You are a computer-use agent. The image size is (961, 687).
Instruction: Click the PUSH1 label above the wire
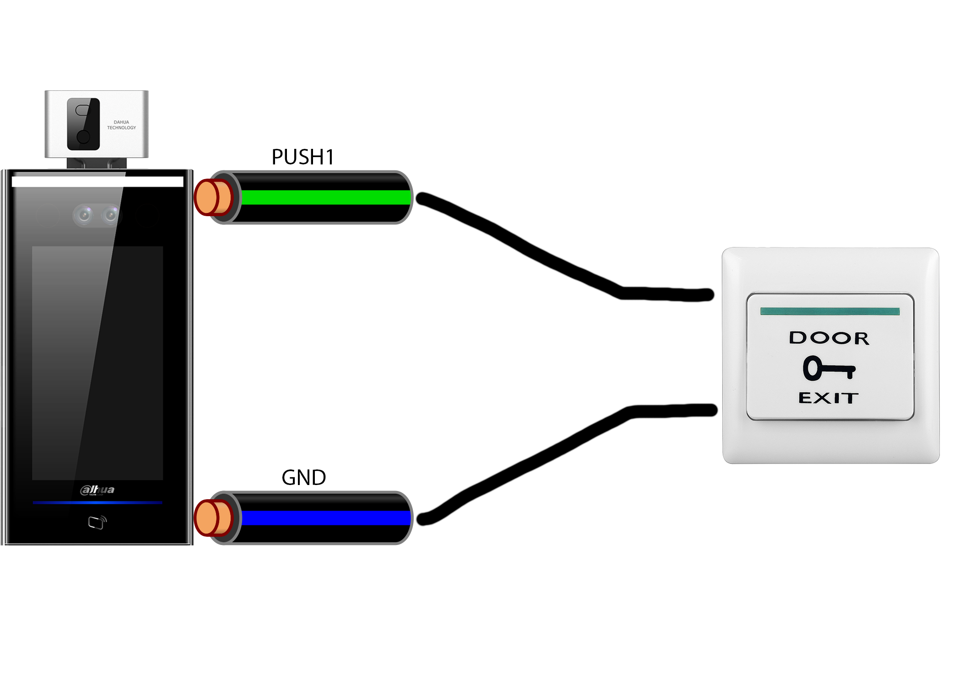(302, 157)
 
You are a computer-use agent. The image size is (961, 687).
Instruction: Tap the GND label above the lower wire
(303, 478)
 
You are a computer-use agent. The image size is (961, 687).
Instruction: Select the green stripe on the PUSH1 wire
(325, 197)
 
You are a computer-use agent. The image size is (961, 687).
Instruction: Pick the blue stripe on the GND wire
(325, 518)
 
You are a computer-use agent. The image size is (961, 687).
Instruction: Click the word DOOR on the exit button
(829, 338)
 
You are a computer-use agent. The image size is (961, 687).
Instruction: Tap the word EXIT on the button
(828, 398)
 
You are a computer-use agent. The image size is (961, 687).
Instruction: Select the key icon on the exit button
(829, 368)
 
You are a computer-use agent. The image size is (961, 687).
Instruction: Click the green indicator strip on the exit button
(830, 311)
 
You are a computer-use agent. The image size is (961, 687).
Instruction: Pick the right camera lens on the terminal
(110, 214)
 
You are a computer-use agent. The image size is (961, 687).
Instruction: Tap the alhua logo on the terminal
(97, 490)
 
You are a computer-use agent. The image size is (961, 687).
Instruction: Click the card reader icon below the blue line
(97, 522)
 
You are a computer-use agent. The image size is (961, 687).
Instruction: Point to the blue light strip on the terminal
(97, 502)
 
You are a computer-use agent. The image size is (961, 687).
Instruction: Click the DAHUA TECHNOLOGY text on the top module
(121, 125)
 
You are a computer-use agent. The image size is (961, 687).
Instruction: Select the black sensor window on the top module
(83, 124)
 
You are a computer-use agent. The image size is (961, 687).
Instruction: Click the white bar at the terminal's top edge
(97, 181)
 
